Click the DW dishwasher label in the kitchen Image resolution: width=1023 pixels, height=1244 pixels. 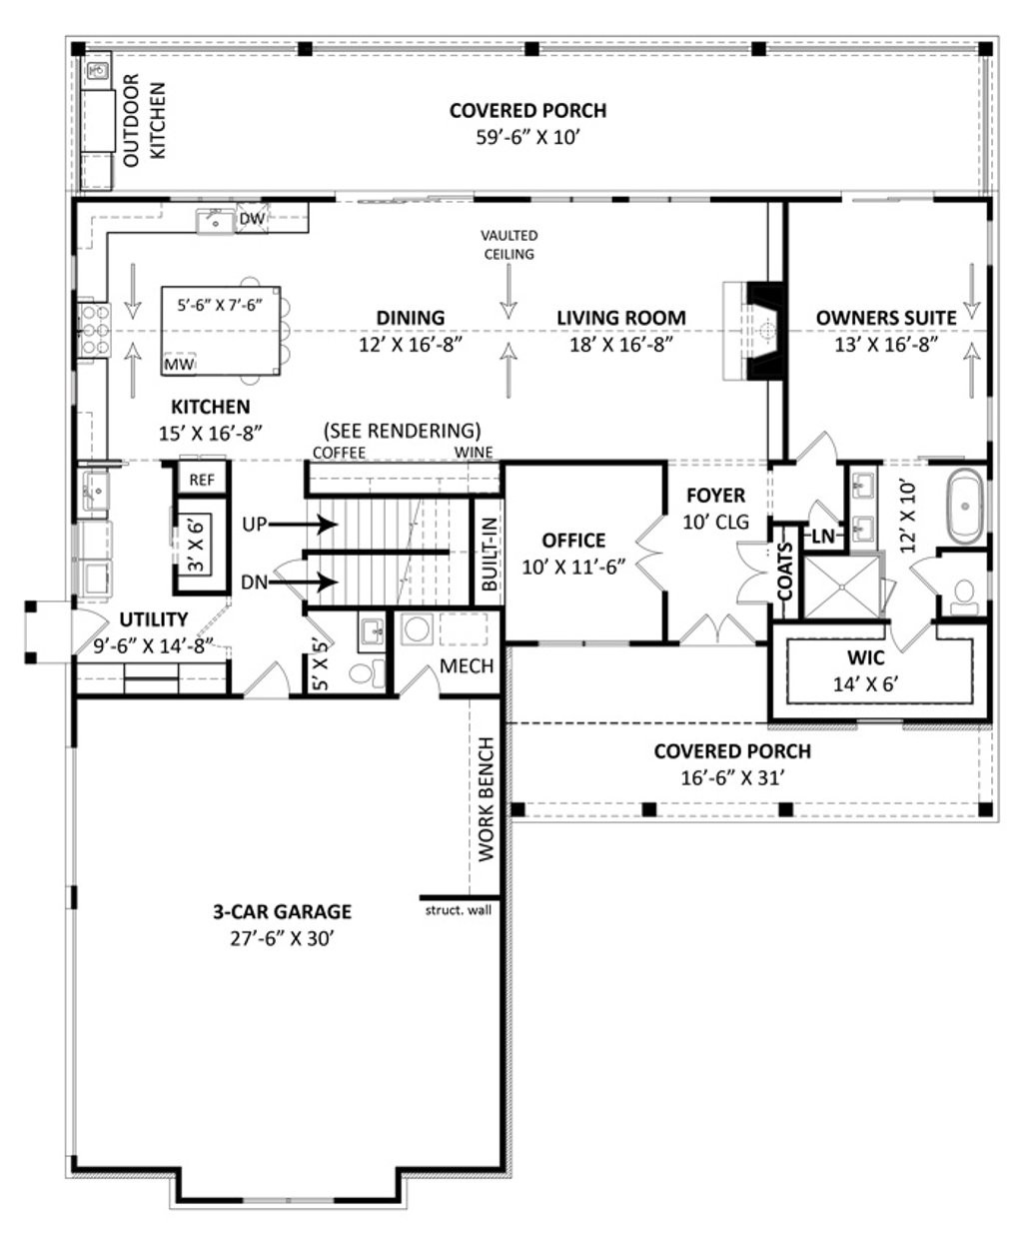253,219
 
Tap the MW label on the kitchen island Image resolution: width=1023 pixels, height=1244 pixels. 179,365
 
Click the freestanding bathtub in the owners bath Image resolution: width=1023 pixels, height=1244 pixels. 965,507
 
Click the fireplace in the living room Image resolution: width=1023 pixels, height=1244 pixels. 755,331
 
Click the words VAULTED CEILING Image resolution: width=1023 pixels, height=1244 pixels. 510,245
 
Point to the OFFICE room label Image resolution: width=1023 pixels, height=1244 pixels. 573,541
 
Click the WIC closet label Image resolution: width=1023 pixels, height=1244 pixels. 866,657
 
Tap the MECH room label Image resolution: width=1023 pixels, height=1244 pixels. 467,665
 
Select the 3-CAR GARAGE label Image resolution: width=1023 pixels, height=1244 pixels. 282,912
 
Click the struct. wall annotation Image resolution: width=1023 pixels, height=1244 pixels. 459,910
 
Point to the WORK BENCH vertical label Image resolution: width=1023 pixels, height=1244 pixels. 486,798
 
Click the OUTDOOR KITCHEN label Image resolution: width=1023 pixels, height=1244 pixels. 145,120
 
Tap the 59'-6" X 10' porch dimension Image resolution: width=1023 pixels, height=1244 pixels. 528,138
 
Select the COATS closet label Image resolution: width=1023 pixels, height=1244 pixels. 785,572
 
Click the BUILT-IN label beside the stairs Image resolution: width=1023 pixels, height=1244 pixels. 490,554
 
